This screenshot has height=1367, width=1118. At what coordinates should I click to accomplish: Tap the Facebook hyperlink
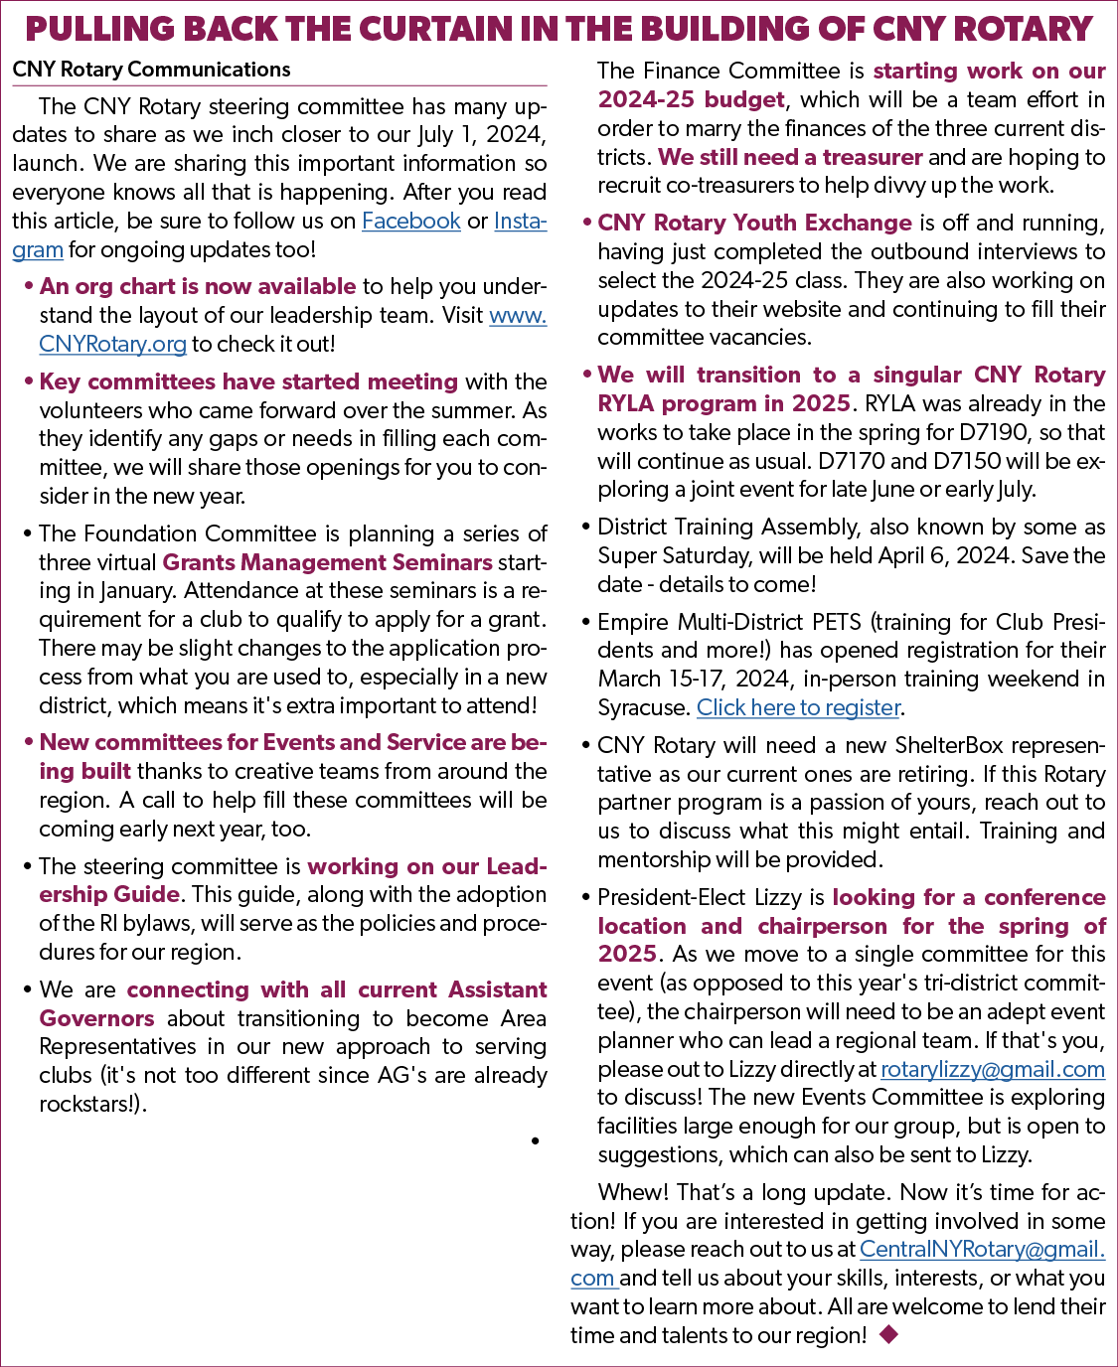pos(411,221)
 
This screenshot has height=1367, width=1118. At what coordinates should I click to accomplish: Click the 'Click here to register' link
pos(798,707)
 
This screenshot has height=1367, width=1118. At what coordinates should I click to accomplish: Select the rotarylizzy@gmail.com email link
pos(992,1069)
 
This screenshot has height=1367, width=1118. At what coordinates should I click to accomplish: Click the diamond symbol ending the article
pos(888,1334)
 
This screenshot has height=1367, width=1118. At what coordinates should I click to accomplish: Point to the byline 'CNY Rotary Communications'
pos(151,70)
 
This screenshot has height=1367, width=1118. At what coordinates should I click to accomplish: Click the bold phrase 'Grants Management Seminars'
pos(327,562)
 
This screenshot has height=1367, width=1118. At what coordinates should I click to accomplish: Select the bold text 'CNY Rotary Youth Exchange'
pos(754,223)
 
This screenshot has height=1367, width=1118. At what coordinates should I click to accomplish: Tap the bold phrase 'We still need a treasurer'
pos(790,157)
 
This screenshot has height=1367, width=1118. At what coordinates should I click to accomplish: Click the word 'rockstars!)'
pos(93,1103)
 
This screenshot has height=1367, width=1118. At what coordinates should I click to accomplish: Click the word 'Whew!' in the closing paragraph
pos(633,1192)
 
